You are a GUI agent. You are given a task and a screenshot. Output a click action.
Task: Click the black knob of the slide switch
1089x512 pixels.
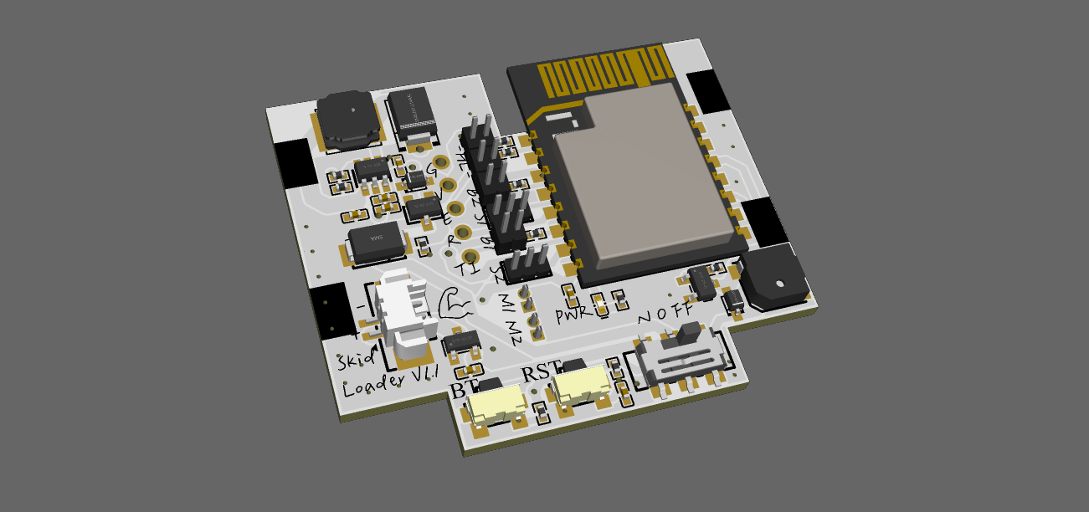(x=689, y=334)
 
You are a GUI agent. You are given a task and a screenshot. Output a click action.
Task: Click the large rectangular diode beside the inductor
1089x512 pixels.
(x=410, y=113)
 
